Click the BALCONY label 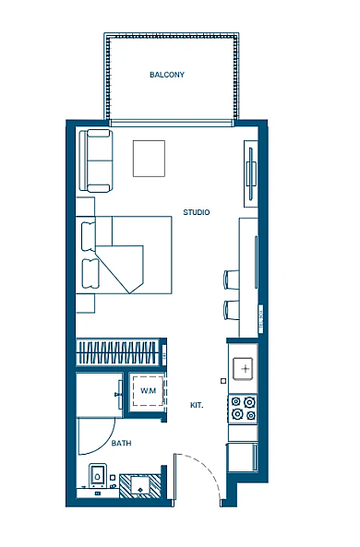[x=167, y=75]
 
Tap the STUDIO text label [x=197, y=212]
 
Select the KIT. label [x=197, y=405]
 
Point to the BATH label [x=121, y=444]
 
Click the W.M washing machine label [x=148, y=390]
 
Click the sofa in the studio [x=96, y=161]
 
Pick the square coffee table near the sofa [x=149, y=159]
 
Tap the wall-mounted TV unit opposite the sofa [x=251, y=173]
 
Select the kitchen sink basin [x=243, y=368]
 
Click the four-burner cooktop [x=243, y=409]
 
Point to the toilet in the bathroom [x=98, y=475]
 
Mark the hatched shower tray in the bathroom [x=140, y=486]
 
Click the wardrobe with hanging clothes [x=118, y=352]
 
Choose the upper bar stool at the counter [x=232, y=279]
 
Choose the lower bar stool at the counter [x=232, y=310]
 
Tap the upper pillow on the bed [x=89, y=236]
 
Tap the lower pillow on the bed [x=90, y=273]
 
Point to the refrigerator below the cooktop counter [x=243, y=457]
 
